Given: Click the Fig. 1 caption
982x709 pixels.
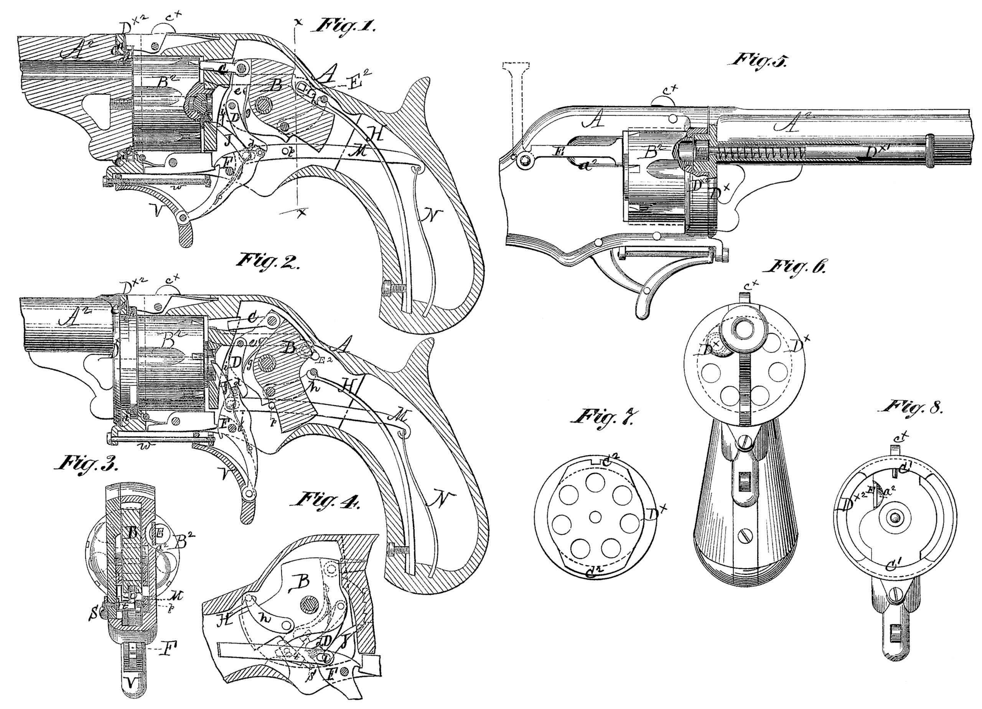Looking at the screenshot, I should tap(345, 26).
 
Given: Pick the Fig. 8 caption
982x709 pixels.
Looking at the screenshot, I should tap(914, 407).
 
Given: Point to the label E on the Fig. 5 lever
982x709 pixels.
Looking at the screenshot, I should tap(557, 151).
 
